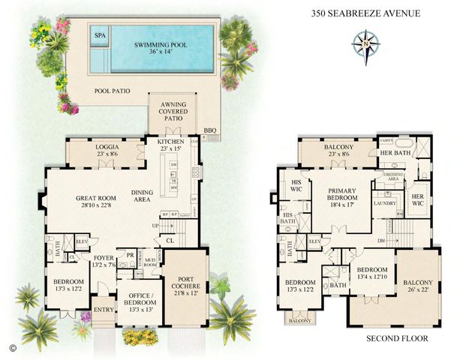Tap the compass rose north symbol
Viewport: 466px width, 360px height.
[365, 43]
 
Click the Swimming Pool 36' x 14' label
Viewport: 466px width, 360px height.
[161, 49]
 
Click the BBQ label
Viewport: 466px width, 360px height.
[210, 130]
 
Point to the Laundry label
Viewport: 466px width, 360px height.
[385, 203]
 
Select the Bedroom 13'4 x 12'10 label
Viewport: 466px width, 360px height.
[373, 273]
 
